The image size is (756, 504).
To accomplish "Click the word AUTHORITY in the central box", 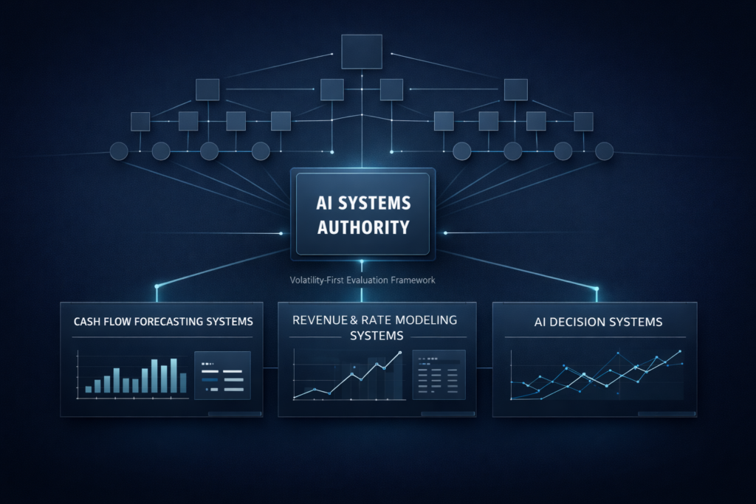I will (362, 227).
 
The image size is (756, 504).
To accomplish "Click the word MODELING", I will (421, 320).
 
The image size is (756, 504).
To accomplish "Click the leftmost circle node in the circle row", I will (119, 152).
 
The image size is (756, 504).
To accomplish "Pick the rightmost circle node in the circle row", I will (604, 151).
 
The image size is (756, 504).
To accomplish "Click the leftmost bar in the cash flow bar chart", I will (89, 388).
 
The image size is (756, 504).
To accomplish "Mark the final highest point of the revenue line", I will (399, 353).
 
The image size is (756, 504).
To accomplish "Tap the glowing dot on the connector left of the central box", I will (281, 234).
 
